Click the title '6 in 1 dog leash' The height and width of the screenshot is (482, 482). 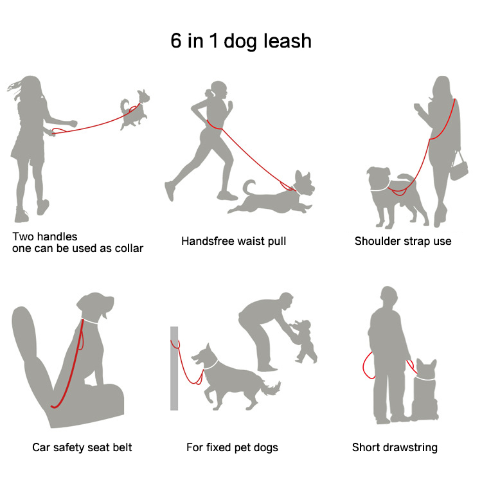(x=241, y=41)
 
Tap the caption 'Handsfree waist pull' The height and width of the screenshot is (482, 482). (x=234, y=241)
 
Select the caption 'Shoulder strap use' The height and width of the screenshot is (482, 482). (x=403, y=241)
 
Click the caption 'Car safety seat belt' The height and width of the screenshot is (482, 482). (x=82, y=447)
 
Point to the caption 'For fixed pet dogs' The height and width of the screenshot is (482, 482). (x=232, y=447)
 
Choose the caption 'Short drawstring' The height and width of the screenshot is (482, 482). (x=395, y=447)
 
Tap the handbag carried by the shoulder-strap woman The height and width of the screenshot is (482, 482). (x=459, y=168)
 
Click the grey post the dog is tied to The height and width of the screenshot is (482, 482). (x=174, y=368)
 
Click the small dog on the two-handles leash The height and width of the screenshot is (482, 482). (x=135, y=109)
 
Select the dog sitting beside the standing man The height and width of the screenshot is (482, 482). (x=424, y=390)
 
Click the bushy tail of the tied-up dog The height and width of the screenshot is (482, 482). (x=271, y=388)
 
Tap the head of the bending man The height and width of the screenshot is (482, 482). (x=287, y=301)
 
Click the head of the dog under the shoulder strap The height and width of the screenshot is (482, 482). (x=379, y=179)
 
